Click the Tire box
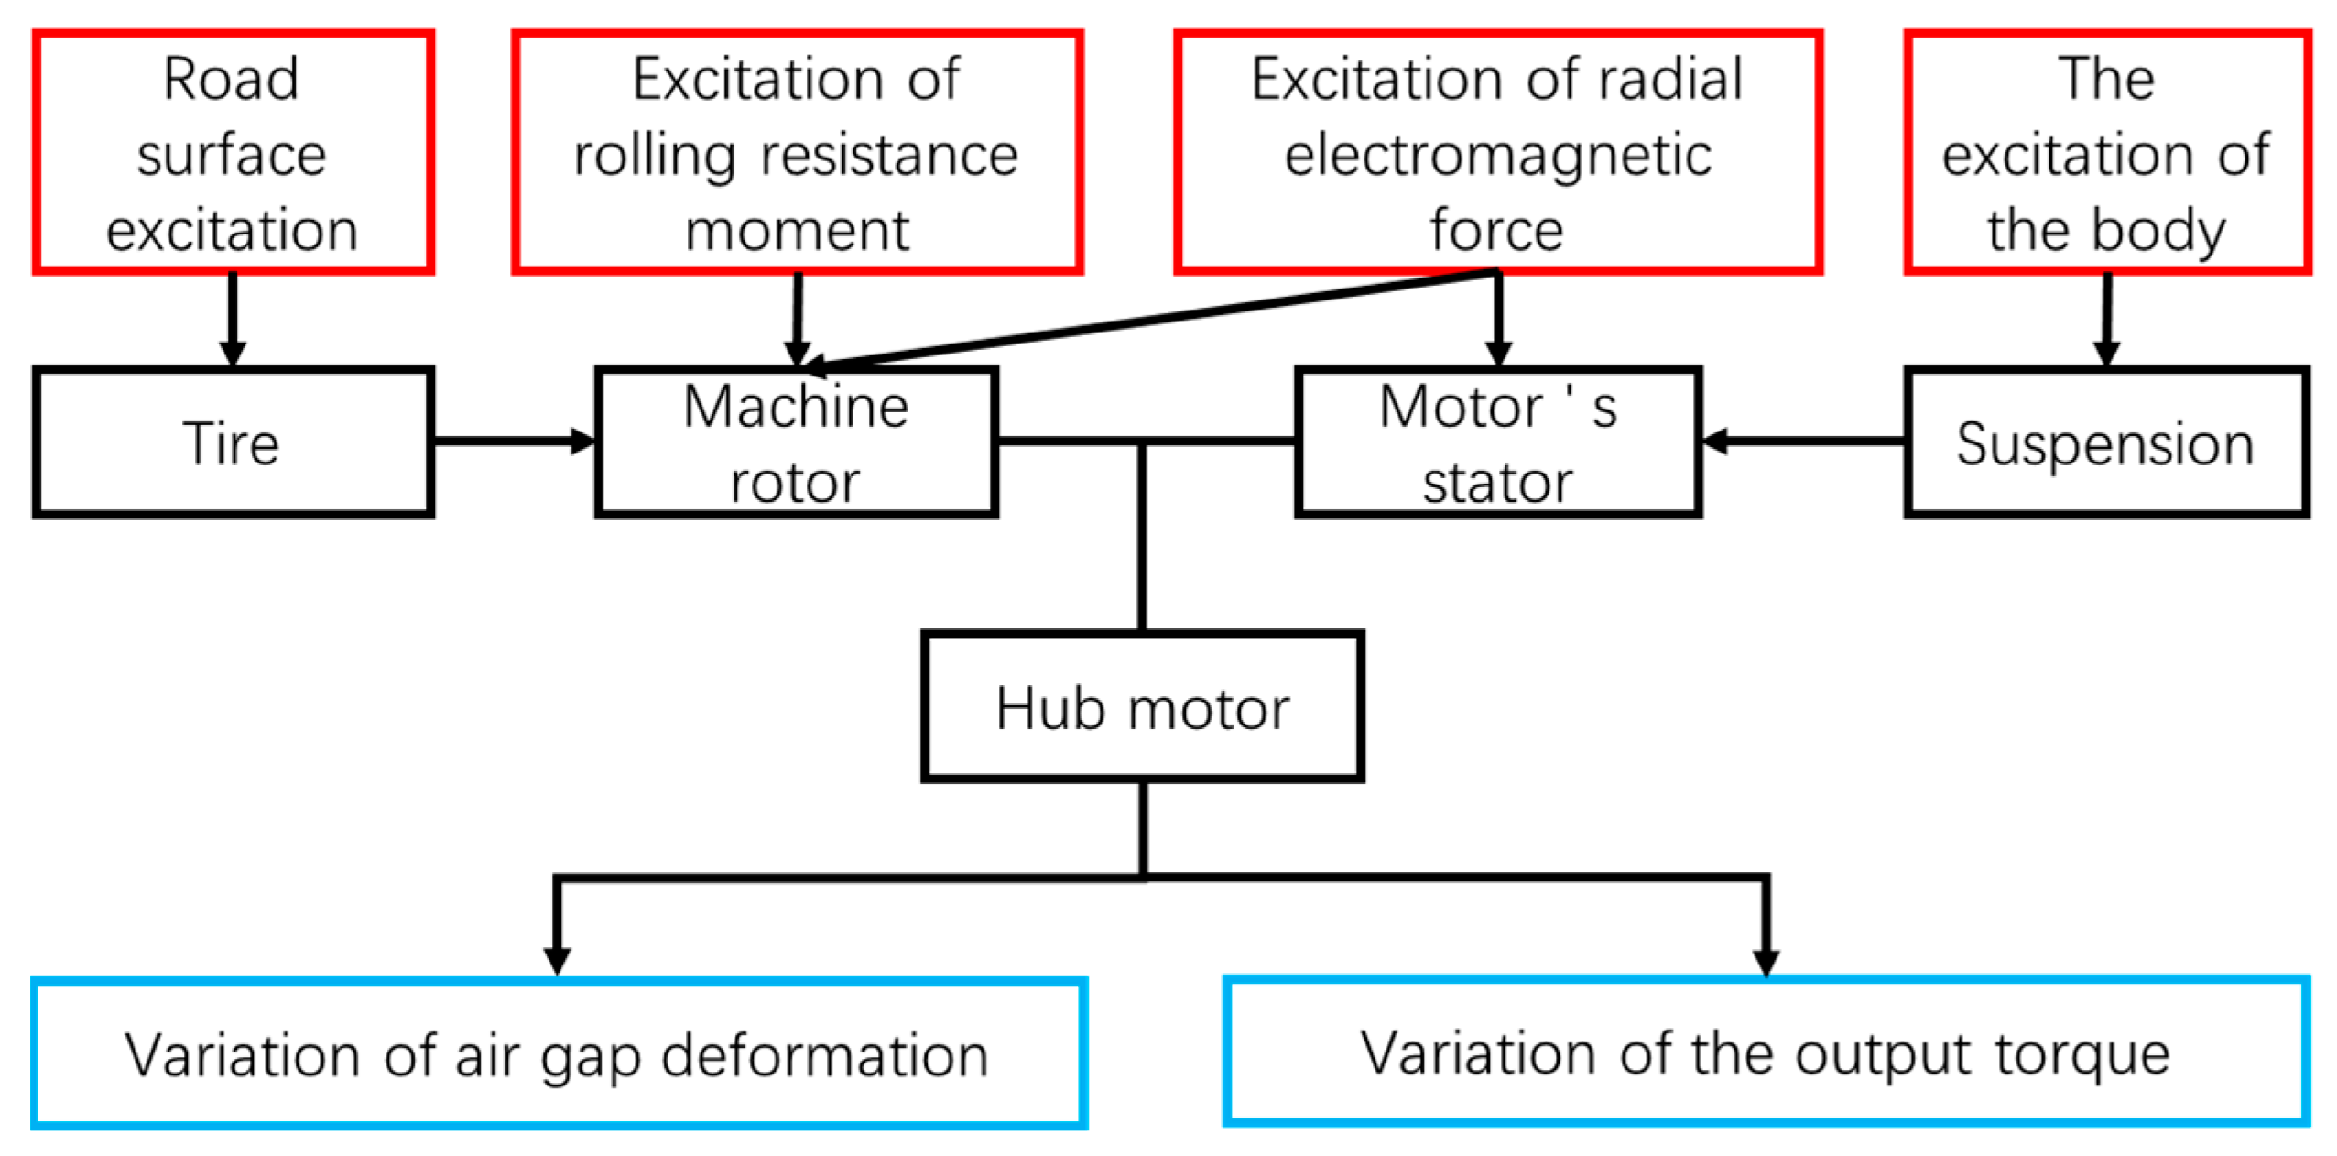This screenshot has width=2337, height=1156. pos(233,442)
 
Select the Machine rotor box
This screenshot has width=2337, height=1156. pos(795,442)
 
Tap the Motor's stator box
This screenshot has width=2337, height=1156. pos(1496,442)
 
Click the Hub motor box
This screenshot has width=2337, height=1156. pos(1142,706)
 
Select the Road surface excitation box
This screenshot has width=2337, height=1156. pos(233,152)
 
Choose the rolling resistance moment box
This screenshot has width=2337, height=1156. pos(796,152)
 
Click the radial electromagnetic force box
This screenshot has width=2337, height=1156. pos(1496,152)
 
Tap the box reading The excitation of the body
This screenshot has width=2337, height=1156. pos(2105,152)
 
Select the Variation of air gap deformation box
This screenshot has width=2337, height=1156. pos(558,1053)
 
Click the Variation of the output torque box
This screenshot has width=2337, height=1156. pos(1765,1052)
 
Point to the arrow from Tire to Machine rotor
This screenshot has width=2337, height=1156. pos(513,442)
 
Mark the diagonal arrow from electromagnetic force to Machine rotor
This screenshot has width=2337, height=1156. pos(1145,321)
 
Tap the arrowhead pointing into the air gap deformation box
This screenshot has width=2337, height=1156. pos(557,960)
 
